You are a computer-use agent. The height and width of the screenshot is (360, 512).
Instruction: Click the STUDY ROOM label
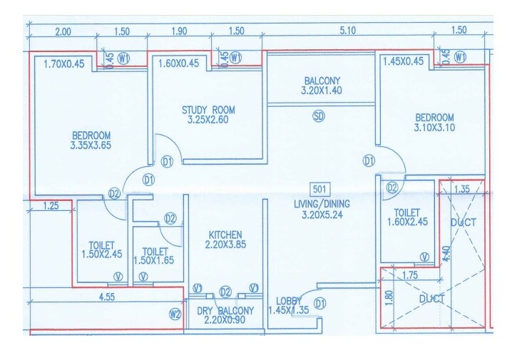[x=208, y=110]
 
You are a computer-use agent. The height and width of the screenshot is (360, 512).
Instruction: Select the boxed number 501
[x=319, y=189]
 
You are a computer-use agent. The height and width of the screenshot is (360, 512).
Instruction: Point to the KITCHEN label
[x=225, y=235]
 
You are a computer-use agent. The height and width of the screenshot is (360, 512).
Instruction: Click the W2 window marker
[x=175, y=312]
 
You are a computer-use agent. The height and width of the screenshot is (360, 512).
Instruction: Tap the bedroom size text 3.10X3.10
[x=434, y=128]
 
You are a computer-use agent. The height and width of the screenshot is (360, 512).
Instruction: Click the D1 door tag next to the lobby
[x=320, y=304]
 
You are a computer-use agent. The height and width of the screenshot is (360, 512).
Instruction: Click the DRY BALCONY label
[x=225, y=311]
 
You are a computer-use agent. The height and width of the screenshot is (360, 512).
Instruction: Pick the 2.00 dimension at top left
[x=63, y=31]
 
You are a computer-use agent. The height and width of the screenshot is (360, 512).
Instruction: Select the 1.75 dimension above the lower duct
[x=409, y=275]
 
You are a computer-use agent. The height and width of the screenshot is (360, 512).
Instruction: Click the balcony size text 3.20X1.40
[x=322, y=91]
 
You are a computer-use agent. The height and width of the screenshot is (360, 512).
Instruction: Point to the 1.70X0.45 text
[x=63, y=63]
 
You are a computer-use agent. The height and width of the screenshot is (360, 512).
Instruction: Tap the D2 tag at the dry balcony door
[x=225, y=291]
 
